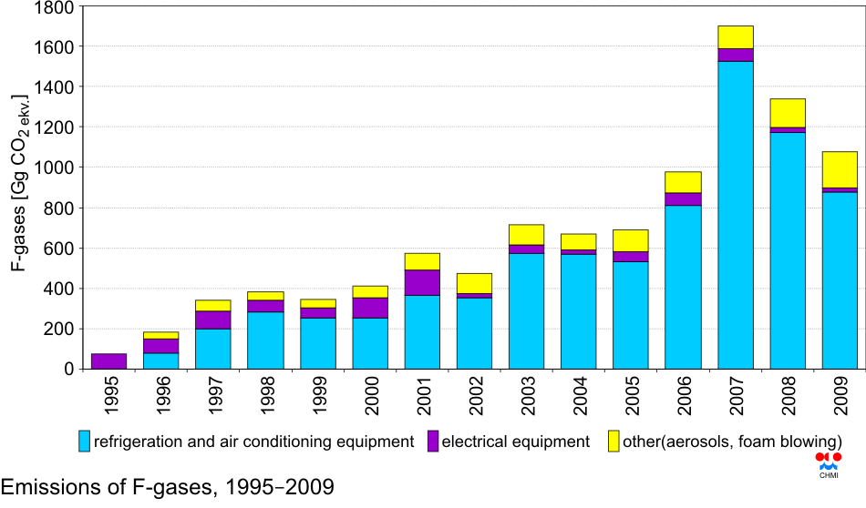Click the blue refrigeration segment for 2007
tap(735, 215)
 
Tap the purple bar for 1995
tap(108, 361)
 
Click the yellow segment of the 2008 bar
tap(788, 113)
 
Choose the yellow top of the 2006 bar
tap(683, 182)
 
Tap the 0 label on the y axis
tap(67, 369)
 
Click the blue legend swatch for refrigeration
tap(85, 442)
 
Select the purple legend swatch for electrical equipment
tap(431, 442)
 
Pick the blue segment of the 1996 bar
tap(160, 361)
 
